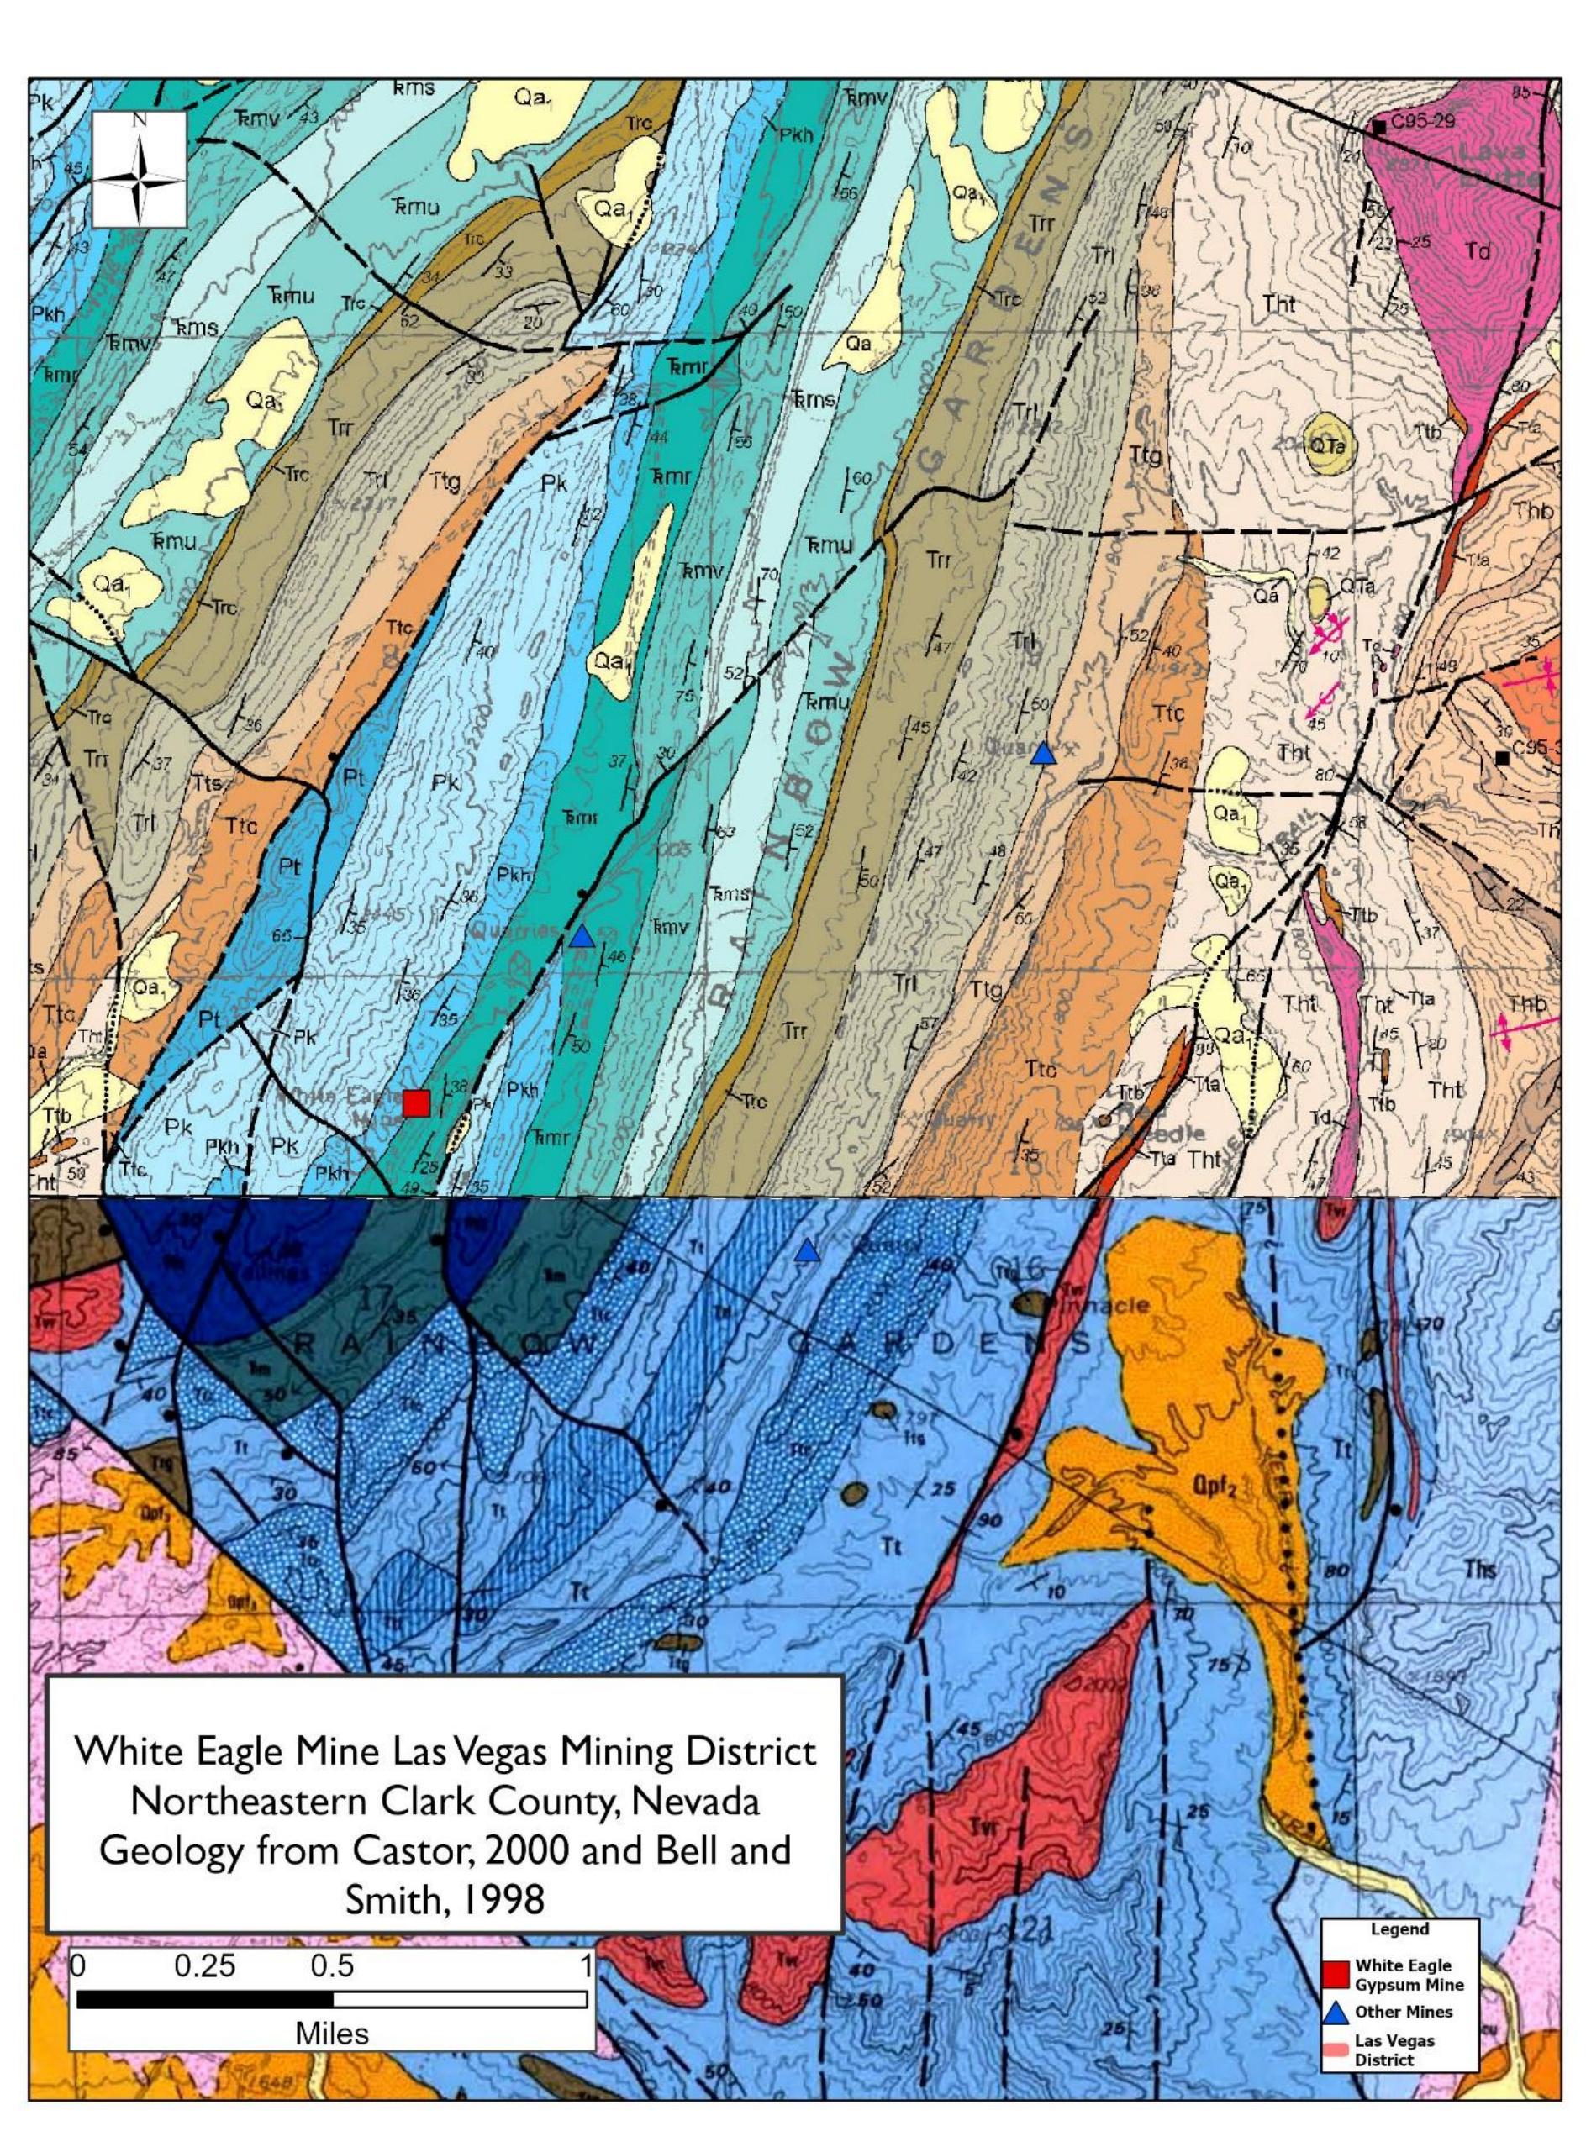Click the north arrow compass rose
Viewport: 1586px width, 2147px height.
click(140, 169)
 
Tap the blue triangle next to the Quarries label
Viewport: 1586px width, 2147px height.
click(581, 937)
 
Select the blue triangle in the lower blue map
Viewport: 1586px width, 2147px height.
click(808, 1250)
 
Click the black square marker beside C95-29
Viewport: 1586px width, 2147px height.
click(1378, 126)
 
